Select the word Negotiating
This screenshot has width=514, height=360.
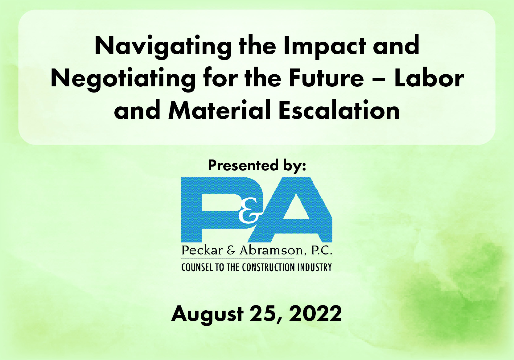click(123, 80)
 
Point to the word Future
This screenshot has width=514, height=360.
click(326, 78)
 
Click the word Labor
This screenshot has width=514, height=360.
click(429, 78)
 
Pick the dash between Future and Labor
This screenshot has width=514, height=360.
click(379, 80)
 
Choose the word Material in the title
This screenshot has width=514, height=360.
click(220, 110)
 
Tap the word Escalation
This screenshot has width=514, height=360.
click(339, 110)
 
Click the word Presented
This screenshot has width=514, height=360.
click(243, 165)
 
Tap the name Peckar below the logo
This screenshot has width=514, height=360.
click(202, 250)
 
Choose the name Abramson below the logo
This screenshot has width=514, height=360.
click(273, 250)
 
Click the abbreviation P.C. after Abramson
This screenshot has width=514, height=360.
click(322, 250)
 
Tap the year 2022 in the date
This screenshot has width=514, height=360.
click(315, 313)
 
